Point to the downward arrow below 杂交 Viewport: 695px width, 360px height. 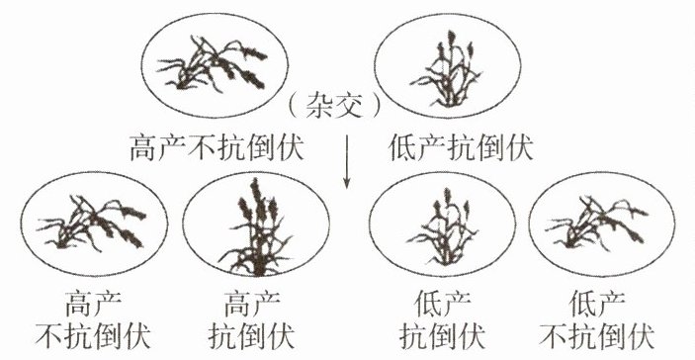[x=347, y=161]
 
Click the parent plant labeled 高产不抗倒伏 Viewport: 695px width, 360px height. [x=213, y=64]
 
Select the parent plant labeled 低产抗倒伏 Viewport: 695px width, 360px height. [x=446, y=68]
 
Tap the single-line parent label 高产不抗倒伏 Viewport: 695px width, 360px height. [x=217, y=147]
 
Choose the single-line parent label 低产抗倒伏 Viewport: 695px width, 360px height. [x=461, y=147]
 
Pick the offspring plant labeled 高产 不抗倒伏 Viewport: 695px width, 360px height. [x=92, y=223]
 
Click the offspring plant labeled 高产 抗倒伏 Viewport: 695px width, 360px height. [x=256, y=227]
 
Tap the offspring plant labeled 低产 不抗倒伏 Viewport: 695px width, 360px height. [x=596, y=222]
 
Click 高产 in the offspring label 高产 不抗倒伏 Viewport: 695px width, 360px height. [x=94, y=304]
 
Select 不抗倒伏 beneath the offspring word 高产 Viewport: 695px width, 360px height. [x=93, y=336]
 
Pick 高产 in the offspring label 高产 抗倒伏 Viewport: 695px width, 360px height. [x=252, y=304]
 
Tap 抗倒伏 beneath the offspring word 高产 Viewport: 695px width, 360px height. [x=251, y=336]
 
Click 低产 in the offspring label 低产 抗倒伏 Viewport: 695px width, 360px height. [x=442, y=304]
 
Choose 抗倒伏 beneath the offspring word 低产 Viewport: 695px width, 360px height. [x=442, y=336]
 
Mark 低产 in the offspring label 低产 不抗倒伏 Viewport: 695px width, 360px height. [x=597, y=304]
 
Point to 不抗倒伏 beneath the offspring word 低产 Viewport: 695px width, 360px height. [x=597, y=336]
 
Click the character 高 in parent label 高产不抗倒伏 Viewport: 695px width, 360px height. [x=143, y=147]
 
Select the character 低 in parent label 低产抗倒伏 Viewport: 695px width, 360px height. [x=402, y=147]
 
